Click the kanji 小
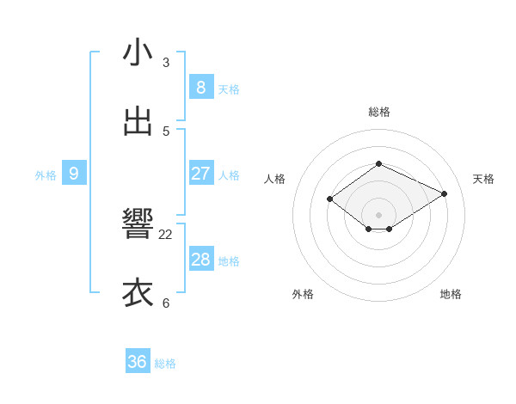[138, 52]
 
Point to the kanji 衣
[138, 293]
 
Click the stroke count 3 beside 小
[166, 63]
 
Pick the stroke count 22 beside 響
[166, 234]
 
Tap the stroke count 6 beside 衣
[166, 303]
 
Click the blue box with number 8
[200, 87]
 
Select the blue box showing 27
[200, 174]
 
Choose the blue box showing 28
[200, 260]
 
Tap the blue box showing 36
[138, 362]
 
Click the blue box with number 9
[74, 174]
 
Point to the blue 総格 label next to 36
[165, 364]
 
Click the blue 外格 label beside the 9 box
[46, 175]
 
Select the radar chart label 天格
[483, 179]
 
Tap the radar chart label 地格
[451, 294]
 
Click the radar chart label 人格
[274, 179]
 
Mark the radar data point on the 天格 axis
[444, 194]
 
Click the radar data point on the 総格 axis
[378, 163]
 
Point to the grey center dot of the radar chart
[378, 214]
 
